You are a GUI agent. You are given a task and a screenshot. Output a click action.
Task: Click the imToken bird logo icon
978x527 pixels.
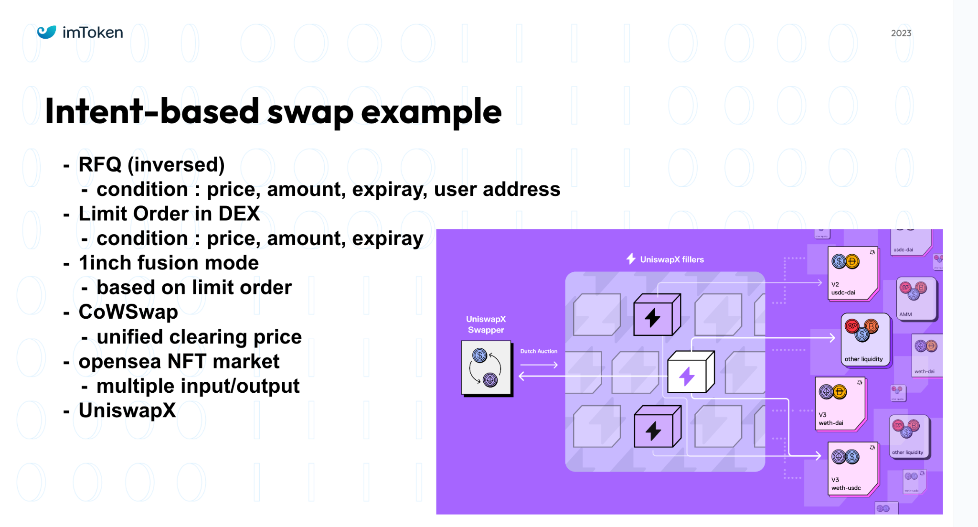coord(47,32)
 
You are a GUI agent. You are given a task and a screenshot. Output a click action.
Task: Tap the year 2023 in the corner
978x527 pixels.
coord(901,33)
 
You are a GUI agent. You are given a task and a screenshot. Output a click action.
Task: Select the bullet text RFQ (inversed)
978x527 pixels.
coord(151,165)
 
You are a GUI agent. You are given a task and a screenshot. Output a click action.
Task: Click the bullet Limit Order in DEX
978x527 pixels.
coord(169,214)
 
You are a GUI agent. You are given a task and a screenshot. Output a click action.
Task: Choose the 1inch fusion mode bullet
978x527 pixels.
coord(169,263)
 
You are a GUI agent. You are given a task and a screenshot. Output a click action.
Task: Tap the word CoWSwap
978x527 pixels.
coord(128,312)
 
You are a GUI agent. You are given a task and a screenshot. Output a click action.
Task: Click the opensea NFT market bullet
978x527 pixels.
coord(179,361)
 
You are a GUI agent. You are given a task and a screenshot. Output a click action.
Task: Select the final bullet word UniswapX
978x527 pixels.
coord(127,410)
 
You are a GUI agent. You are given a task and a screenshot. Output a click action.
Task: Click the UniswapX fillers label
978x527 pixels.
coord(671,259)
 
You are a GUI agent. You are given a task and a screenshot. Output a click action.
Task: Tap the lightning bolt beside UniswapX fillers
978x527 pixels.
coord(631,258)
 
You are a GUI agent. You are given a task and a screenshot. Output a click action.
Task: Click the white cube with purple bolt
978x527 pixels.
coord(690,373)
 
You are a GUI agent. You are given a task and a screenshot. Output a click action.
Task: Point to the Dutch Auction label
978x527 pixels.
coord(539,351)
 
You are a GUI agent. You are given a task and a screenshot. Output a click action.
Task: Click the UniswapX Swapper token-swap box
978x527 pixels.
coord(486,368)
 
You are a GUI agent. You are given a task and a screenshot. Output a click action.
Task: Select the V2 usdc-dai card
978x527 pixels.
coord(852,273)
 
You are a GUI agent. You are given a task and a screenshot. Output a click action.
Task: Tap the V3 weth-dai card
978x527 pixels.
coord(840,404)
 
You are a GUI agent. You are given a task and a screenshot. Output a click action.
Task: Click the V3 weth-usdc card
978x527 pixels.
coord(852,469)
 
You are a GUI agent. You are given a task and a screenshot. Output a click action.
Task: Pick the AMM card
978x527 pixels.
coord(915,299)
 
